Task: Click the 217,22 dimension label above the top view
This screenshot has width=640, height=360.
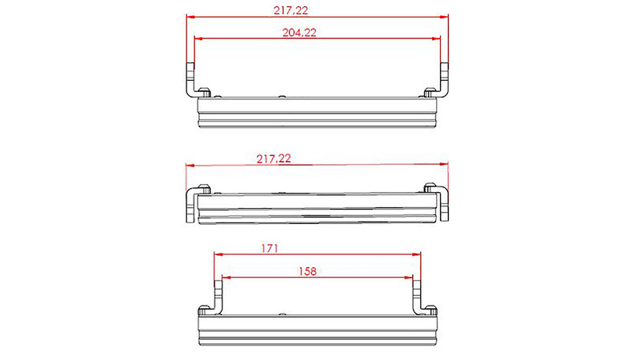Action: pyautogui.click(x=290, y=10)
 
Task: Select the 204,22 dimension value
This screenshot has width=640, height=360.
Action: pyautogui.click(x=299, y=32)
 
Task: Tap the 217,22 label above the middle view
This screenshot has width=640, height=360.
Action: pyautogui.click(x=274, y=158)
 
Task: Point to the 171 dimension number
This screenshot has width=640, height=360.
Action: pyautogui.click(x=270, y=248)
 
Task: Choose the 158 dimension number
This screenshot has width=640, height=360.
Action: pyautogui.click(x=307, y=271)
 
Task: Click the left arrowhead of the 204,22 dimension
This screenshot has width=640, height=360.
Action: pyautogui.click(x=198, y=38)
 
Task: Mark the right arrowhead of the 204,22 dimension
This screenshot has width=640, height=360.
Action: pyautogui.click(x=436, y=38)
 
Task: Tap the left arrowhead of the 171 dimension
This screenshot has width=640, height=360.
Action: pyautogui.click(x=218, y=254)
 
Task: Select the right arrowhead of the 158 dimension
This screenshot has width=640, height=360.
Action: pyautogui.click(x=409, y=278)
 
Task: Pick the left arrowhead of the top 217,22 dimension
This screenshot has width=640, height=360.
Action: pyautogui.click(x=191, y=17)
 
